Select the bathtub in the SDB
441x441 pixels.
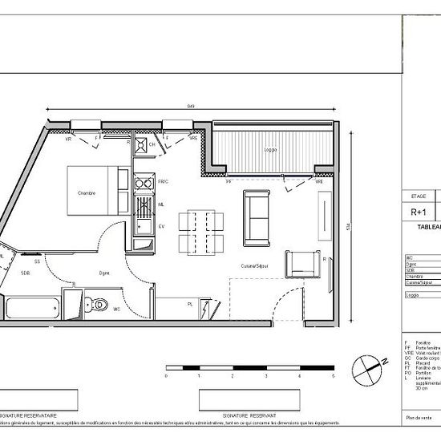point(33,308)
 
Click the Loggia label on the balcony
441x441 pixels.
point(270,150)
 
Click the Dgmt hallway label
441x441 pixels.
point(104,273)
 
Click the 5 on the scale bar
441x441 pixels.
point(332,375)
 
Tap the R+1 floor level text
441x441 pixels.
point(418,212)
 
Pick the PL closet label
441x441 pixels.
point(189,305)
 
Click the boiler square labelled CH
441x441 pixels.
point(140,145)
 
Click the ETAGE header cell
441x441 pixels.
point(418,196)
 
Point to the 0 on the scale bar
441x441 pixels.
point(166,375)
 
